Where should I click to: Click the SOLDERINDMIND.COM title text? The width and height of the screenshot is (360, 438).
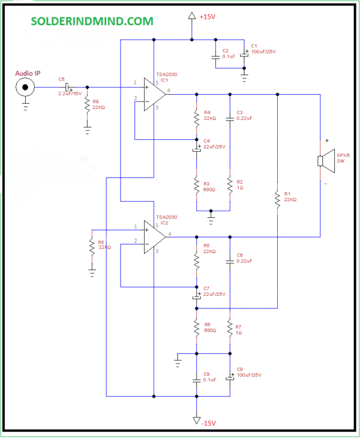coord(92,21)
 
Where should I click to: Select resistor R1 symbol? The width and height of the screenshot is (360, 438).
coord(277,199)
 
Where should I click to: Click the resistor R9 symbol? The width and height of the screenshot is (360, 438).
coord(88,106)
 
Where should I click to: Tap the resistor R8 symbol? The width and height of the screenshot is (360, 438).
coord(92,248)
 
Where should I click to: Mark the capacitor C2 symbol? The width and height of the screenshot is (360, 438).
coord(215,58)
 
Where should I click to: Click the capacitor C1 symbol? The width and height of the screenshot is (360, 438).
coord(244,54)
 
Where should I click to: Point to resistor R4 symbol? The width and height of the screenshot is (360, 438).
coord(196,116)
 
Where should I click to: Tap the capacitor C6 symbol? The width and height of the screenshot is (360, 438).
coord(230,262)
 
